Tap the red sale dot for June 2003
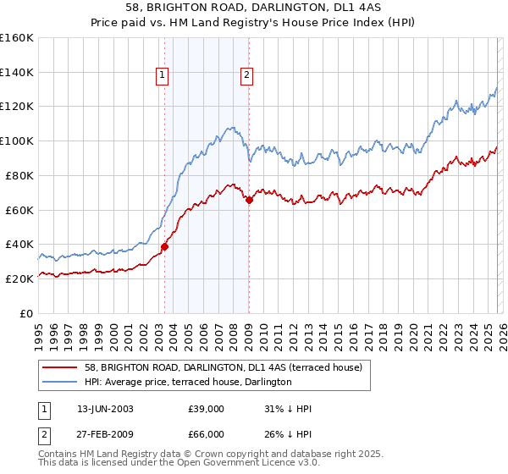(x=164, y=246)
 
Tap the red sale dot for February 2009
(x=249, y=200)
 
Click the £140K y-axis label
(x=17, y=72)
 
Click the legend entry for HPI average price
(x=188, y=382)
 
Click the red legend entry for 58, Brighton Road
(x=223, y=367)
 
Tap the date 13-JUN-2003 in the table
(x=105, y=408)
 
